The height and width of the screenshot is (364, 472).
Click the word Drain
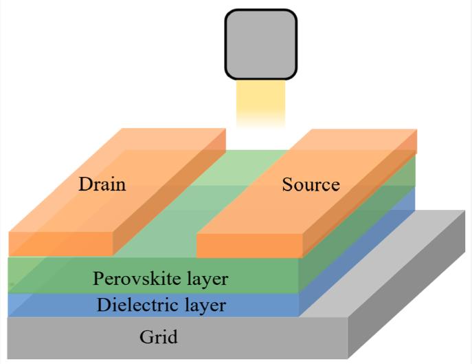(x=102, y=184)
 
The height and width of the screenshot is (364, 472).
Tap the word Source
(x=311, y=184)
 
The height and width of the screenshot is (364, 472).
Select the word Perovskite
(x=137, y=279)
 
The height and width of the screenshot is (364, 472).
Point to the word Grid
(x=158, y=336)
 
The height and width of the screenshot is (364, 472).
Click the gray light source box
(x=261, y=45)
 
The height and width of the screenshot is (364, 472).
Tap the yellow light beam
(x=260, y=104)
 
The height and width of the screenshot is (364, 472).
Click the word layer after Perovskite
(x=207, y=279)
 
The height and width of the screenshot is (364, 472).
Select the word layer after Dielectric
(x=205, y=306)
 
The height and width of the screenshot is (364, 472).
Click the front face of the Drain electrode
(x=61, y=244)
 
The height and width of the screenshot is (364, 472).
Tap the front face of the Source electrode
(x=249, y=246)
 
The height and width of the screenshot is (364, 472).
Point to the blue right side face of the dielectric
(x=357, y=253)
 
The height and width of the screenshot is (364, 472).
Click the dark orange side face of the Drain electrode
(x=169, y=193)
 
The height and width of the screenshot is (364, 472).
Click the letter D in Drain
(x=85, y=184)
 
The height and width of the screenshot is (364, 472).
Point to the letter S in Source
(x=287, y=184)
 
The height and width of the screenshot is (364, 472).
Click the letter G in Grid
(x=146, y=336)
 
